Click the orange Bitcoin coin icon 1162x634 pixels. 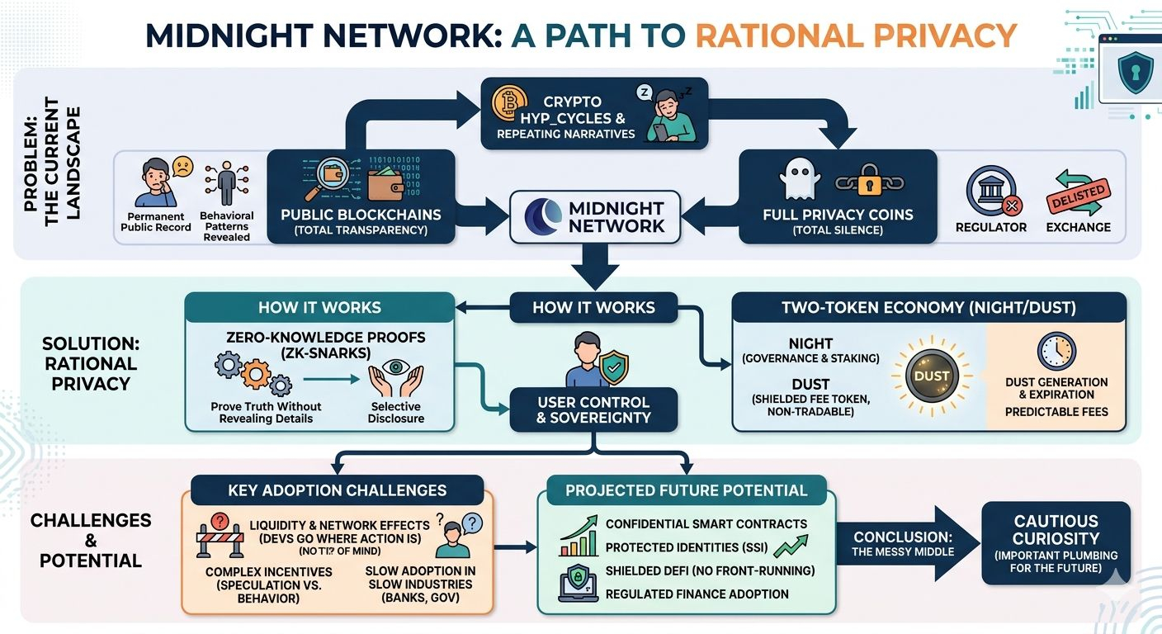509,104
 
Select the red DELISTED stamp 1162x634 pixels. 1076,194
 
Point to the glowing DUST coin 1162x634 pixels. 933,376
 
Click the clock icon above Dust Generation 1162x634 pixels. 1056,352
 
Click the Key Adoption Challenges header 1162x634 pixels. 338,490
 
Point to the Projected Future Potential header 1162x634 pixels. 687,490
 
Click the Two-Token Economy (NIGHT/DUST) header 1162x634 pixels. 928,308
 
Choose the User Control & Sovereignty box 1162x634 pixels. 593,410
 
